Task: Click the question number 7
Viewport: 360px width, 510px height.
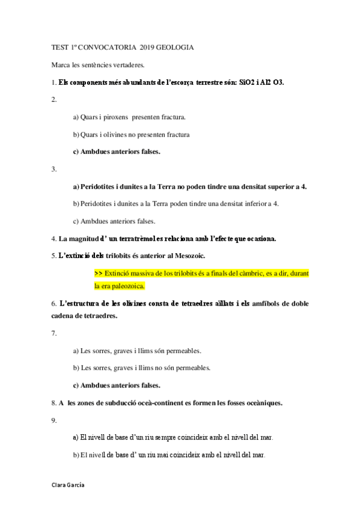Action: point(54,333)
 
